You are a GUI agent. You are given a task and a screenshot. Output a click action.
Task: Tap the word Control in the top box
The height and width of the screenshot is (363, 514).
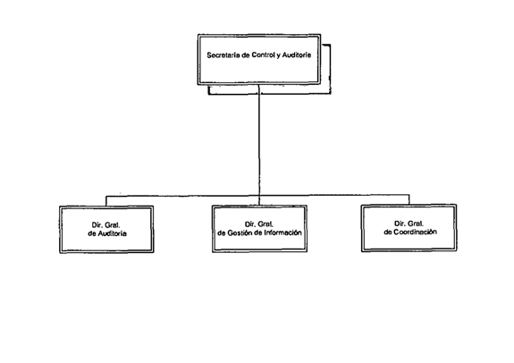pyautogui.click(x=262, y=55)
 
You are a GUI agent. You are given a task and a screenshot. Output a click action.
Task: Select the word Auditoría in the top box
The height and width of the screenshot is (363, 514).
pyautogui.click(x=297, y=55)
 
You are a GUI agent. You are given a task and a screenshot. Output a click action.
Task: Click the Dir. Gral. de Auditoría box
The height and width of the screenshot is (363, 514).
pyautogui.click(x=106, y=229)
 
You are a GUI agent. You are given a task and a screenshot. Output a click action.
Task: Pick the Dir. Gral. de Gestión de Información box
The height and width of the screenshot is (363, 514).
pyautogui.click(x=259, y=229)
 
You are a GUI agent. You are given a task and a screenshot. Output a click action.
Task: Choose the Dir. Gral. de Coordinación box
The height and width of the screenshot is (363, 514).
pyautogui.click(x=409, y=228)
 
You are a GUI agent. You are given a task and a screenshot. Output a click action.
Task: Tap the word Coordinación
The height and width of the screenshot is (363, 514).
pyautogui.click(x=415, y=232)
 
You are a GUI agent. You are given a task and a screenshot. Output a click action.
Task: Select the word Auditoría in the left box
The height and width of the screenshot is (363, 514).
pyautogui.click(x=112, y=233)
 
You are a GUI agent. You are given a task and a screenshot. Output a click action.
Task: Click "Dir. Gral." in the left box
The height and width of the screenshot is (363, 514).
pyautogui.click(x=105, y=225)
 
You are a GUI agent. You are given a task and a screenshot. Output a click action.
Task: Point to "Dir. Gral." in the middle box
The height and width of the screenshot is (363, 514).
pyautogui.click(x=259, y=224)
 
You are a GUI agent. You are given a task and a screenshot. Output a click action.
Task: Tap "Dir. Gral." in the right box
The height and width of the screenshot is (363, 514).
pyautogui.click(x=409, y=224)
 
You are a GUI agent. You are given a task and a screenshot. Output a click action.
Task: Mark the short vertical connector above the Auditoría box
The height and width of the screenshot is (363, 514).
pyautogui.click(x=105, y=201)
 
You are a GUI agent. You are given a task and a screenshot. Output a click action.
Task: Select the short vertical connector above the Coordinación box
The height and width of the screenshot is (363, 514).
pyautogui.click(x=409, y=199)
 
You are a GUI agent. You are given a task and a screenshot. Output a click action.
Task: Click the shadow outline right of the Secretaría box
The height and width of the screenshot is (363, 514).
pyautogui.click(x=330, y=69)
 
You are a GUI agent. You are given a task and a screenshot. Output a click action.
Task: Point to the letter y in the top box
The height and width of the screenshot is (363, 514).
pyautogui.click(x=277, y=55)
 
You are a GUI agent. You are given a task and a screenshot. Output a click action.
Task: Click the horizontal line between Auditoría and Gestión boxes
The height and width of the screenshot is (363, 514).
pyautogui.click(x=182, y=196)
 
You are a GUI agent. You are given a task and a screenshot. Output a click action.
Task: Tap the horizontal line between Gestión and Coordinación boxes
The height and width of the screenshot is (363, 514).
pyautogui.click(x=334, y=195)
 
